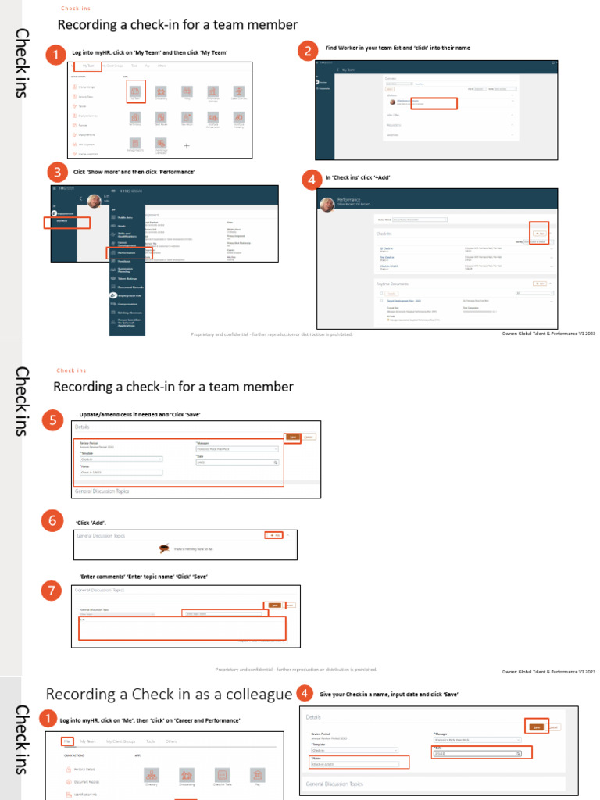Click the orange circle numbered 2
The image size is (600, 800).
tap(309, 52)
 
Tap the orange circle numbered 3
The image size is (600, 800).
tap(55, 172)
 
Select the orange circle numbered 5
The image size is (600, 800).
tap(52, 421)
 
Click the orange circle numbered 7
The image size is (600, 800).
tap(52, 592)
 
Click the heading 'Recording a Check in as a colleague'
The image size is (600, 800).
tap(168, 695)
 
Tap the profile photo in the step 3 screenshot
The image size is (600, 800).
tap(94, 202)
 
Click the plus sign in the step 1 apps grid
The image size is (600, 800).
tap(186, 145)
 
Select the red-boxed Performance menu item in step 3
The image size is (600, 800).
tap(124, 253)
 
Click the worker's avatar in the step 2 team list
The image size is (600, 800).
tap(391, 102)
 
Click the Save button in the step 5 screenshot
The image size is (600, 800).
tap(292, 437)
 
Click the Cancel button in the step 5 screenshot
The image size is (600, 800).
tap(309, 437)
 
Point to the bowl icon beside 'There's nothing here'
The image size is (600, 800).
tap(164, 548)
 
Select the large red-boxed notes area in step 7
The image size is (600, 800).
tap(182, 629)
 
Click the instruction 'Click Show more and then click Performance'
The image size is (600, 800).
tap(134, 171)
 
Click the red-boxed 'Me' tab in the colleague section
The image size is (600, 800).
tap(67, 741)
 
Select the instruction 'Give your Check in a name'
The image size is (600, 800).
tap(388, 694)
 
